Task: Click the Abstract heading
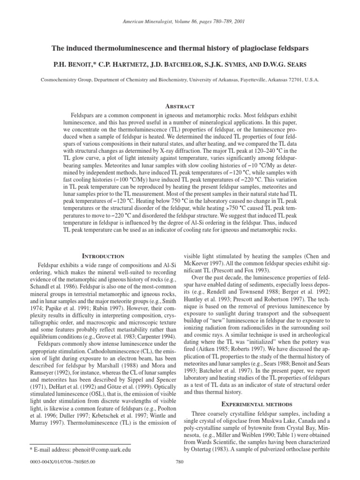coord(180,106)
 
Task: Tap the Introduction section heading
coord(103,256)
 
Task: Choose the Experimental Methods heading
coord(259,404)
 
